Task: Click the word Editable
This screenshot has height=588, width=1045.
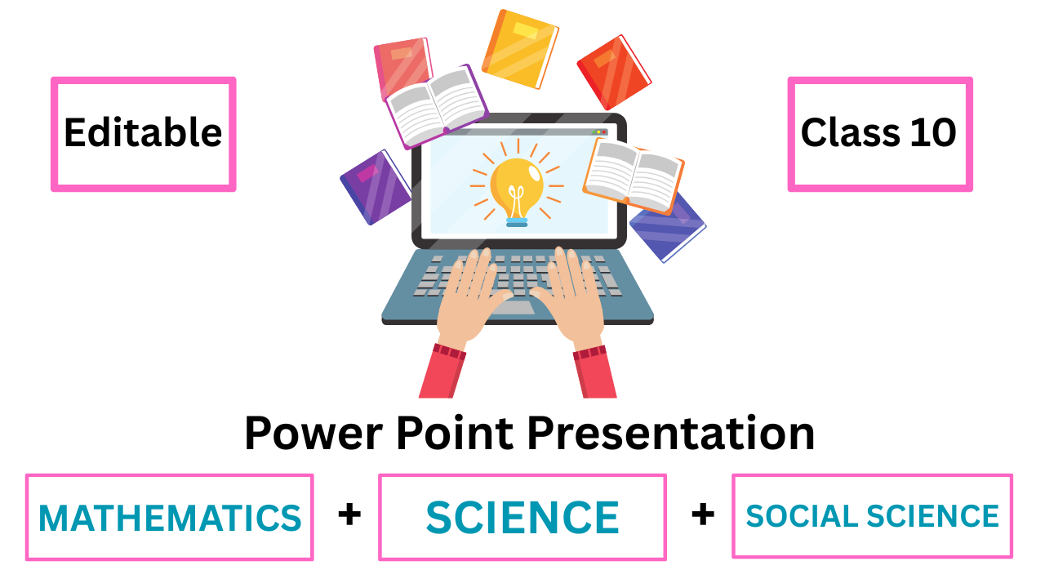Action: (143, 132)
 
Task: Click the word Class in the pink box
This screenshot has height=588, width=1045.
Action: (850, 132)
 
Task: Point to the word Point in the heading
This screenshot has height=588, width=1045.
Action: (456, 433)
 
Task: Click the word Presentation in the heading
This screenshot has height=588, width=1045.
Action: (672, 433)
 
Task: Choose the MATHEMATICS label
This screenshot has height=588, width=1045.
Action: (170, 518)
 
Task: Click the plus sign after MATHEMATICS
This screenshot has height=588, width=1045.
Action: (349, 514)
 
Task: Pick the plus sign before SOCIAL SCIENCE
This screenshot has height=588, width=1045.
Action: (703, 514)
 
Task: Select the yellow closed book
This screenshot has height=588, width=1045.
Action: (520, 49)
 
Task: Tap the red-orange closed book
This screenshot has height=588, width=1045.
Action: (614, 73)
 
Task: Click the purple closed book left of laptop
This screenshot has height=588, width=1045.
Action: (376, 187)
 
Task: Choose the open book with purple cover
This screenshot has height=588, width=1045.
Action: (436, 106)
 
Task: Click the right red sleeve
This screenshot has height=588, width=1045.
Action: (594, 372)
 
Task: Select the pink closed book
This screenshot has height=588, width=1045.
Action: (402, 68)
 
